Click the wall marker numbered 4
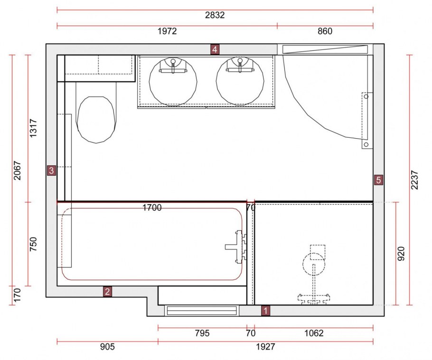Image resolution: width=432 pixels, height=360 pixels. pyautogui.click(x=215, y=50)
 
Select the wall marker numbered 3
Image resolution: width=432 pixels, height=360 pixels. pyautogui.click(x=52, y=171)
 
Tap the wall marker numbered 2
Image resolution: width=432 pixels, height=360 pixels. pyautogui.click(x=107, y=291)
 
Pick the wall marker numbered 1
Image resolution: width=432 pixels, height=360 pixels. pyautogui.click(x=265, y=311)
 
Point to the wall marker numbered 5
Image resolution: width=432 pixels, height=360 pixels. pyautogui.click(x=378, y=180)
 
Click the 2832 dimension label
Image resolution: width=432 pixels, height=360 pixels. pyautogui.click(x=215, y=15)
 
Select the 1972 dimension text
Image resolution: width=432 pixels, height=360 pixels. pyautogui.click(x=167, y=31)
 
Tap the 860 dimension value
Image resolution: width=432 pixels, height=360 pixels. pyautogui.click(x=325, y=31)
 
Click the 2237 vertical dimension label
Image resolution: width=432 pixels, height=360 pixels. pyautogui.click(x=414, y=180)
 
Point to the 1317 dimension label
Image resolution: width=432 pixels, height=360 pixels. pyautogui.click(x=33, y=128)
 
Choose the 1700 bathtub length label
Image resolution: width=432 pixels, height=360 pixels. pyautogui.click(x=152, y=208)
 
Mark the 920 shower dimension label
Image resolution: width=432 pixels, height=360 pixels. pyautogui.click(x=401, y=254)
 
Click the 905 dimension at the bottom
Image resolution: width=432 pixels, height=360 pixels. pyautogui.click(x=107, y=347)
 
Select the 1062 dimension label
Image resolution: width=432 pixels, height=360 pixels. pyautogui.click(x=314, y=333)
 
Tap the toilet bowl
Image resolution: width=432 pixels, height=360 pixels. pyautogui.click(x=96, y=120)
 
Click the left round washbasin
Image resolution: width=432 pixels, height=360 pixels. pyautogui.click(x=173, y=82)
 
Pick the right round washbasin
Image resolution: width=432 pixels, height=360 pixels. pyautogui.click(x=240, y=82)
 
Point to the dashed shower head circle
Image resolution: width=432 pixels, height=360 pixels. pyautogui.click(x=314, y=264)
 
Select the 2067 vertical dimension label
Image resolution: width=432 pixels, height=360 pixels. pyautogui.click(x=17, y=171)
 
